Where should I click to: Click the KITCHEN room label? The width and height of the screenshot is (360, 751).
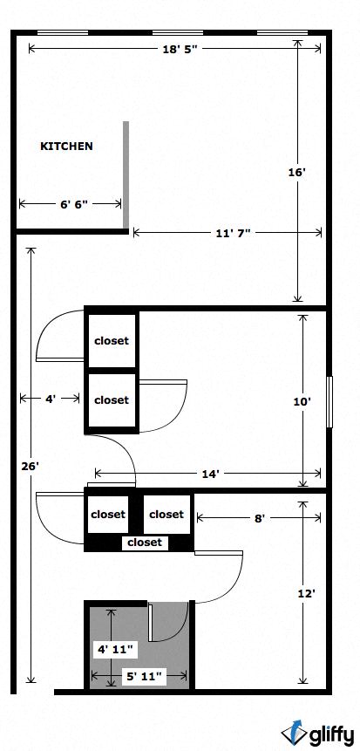pos(66,147)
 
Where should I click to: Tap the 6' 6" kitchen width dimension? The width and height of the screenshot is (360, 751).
pos(72,204)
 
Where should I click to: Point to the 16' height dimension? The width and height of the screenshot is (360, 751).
pos(297,173)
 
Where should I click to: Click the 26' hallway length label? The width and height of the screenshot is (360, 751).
pos(30,467)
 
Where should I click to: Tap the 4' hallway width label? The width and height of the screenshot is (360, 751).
pos(51,399)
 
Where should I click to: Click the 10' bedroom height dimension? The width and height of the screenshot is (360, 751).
pos(302,402)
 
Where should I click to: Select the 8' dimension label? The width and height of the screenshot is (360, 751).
pos(259,517)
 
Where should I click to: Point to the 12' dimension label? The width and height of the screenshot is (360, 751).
pos(306,593)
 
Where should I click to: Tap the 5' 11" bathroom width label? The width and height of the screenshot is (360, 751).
pos(144,675)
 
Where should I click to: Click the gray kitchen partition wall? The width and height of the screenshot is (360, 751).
pos(126,174)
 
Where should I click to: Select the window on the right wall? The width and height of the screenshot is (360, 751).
pos(329,402)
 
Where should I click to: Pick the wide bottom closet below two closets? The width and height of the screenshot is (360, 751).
pos(144,543)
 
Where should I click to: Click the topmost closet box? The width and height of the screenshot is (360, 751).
pos(111,340)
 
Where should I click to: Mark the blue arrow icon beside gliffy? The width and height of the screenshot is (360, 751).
pos(294,733)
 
